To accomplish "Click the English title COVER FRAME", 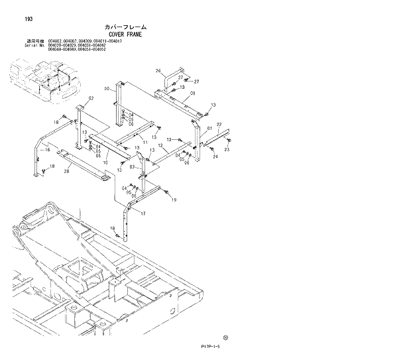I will tap(123, 34).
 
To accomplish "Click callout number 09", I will tap(192, 93).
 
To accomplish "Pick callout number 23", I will tap(227, 150).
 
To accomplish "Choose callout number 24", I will tap(215, 157).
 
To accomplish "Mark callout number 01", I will tap(209, 129).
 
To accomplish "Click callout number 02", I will tap(91, 98).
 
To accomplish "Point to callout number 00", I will tap(106, 89).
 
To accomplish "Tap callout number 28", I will tap(66, 171).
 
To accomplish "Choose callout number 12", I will tap(161, 146).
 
